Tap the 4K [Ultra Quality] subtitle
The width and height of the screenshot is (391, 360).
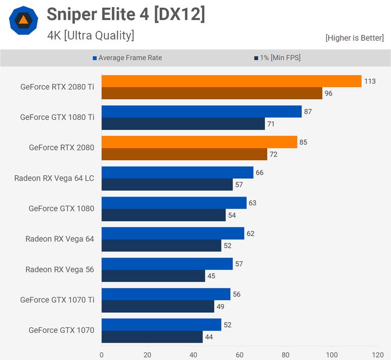pyautogui.click(x=91, y=36)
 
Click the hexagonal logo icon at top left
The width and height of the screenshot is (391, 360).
pyautogui.click(x=23, y=21)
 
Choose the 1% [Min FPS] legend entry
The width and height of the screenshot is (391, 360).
pyautogui.click(x=276, y=58)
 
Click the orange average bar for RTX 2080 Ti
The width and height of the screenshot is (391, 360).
pyautogui.click(x=231, y=81)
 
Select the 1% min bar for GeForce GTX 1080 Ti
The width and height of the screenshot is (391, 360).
pyautogui.click(x=183, y=124)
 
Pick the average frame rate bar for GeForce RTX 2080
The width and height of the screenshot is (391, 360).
pyautogui.click(x=199, y=142)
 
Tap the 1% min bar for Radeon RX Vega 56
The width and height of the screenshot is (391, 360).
pyautogui.click(x=153, y=276)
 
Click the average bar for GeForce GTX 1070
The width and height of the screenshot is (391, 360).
pyautogui.click(x=161, y=324)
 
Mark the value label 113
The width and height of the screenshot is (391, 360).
pyautogui.click(x=370, y=81)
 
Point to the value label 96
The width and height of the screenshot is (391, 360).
pyautogui.click(x=329, y=93)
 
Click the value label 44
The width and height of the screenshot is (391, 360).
pyautogui.click(x=209, y=337)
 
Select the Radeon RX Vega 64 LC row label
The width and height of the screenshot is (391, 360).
pyautogui.click(x=54, y=178)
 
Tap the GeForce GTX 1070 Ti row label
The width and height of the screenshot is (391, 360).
pyautogui.click(x=57, y=300)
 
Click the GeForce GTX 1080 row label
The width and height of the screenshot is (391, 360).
pyautogui.click(x=61, y=209)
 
